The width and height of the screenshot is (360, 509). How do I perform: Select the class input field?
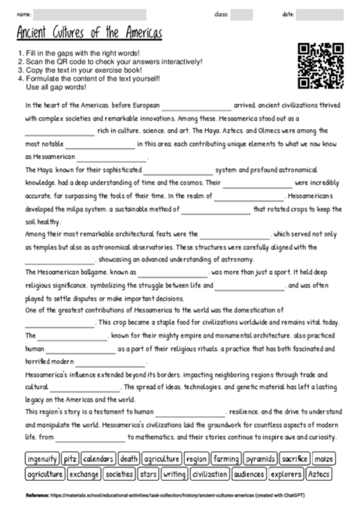tap(241, 13)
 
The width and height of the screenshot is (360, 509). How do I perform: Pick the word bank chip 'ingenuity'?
tap(41, 459)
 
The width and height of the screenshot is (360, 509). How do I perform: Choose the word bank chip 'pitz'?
tap(70, 459)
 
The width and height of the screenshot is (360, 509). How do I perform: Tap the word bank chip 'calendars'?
tap(99, 459)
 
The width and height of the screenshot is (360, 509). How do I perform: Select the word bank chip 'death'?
tap(129, 459)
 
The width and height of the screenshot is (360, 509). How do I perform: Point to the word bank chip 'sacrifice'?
tap(296, 459)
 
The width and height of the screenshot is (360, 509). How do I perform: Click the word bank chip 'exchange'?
tap(84, 474)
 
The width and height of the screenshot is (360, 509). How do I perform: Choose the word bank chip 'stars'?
tap(148, 474)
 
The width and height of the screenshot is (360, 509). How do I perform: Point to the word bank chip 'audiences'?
tap(249, 474)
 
